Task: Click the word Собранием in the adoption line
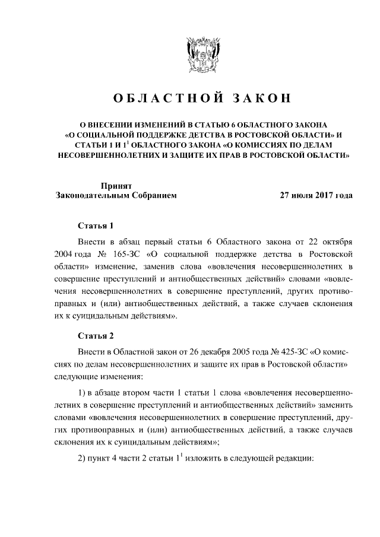tap(151, 195)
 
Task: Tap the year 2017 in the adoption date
tap(322, 195)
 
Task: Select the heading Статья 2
tap(96, 336)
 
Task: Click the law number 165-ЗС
tap(123, 254)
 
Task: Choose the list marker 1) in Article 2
tap(84, 395)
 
